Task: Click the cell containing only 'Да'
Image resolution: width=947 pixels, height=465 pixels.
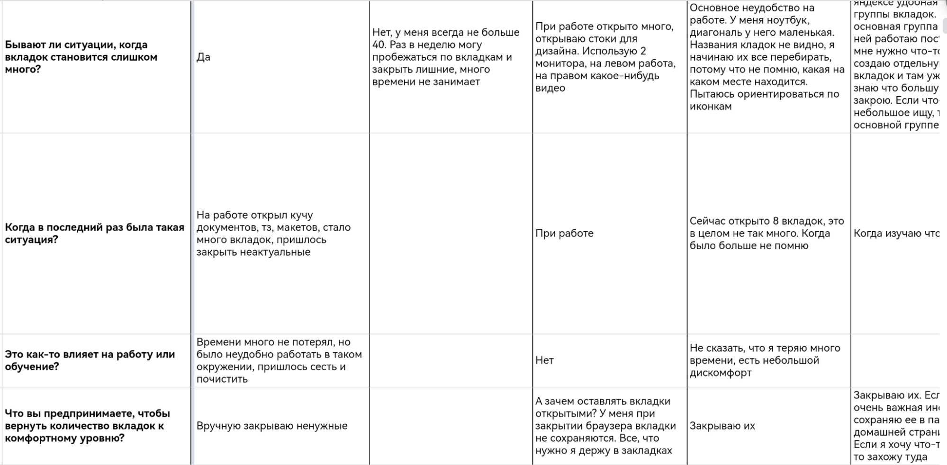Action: pyautogui.click(x=203, y=57)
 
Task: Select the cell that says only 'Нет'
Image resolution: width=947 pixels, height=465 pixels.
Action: pyautogui.click(x=544, y=360)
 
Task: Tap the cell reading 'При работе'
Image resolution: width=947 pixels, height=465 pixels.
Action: pyautogui.click(x=564, y=233)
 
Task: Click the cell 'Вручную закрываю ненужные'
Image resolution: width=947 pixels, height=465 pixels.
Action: pyautogui.click(x=272, y=426)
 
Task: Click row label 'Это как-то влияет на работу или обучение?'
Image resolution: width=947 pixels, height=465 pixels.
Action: pyautogui.click(x=90, y=360)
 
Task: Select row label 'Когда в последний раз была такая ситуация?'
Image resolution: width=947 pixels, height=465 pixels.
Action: pyautogui.click(x=94, y=233)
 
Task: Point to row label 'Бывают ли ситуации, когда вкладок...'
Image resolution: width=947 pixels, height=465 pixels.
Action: pyautogui.click(x=81, y=57)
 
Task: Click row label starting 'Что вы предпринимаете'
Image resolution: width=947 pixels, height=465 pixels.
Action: pyautogui.click(x=87, y=426)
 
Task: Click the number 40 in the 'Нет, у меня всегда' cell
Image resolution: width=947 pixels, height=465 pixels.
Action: pyautogui.click(x=379, y=45)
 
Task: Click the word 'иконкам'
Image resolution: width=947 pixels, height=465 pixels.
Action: pyautogui.click(x=711, y=107)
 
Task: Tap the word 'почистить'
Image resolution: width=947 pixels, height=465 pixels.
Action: pyautogui.click(x=222, y=379)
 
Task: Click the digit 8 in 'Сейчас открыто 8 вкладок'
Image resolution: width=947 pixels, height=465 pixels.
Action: pyautogui.click(x=776, y=221)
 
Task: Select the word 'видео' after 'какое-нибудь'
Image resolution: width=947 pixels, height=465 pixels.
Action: pyautogui.click(x=550, y=88)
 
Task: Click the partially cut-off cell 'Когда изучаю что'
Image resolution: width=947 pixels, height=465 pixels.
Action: pyautogui.click(x=895, y=233)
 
